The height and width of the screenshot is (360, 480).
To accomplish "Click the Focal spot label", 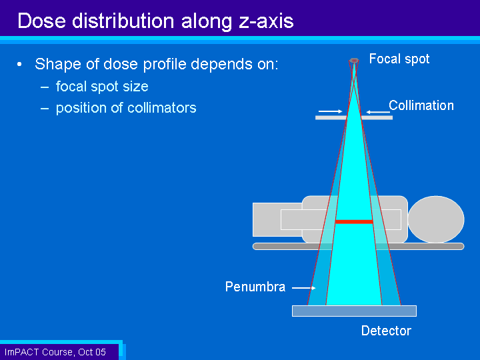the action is [399, 59].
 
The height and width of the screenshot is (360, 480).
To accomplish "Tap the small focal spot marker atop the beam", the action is [354, 61].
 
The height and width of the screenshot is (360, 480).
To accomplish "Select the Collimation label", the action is [421, 105].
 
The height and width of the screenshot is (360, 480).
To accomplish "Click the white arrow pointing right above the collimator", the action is [330, 111].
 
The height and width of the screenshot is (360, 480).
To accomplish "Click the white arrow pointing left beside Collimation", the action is [379, 112].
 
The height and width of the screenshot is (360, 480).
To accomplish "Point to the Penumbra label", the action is [255, 287].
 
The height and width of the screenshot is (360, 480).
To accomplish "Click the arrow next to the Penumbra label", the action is [304, 288].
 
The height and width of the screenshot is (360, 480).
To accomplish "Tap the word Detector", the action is [386, 331].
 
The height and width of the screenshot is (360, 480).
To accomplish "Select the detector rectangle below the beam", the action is [354, 311].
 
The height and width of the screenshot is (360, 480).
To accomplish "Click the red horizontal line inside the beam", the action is [354, 221].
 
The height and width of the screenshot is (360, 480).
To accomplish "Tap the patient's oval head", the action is [436, 219].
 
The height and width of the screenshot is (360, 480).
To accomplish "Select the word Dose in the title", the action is [41, 21].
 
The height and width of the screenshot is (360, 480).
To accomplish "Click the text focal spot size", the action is [102, 86].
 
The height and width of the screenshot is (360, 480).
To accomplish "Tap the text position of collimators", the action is [126, 108].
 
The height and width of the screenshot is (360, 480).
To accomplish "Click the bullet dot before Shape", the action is [19, 64].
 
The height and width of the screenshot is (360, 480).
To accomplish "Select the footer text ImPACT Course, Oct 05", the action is [55, 352].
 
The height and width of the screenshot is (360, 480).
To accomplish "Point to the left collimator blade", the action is [331, 117].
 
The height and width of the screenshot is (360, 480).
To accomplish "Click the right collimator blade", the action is [377, 117].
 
